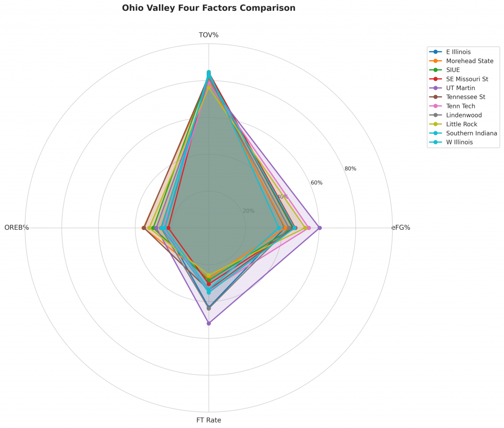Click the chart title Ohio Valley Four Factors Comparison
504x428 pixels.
209,8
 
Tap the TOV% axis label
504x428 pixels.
209,35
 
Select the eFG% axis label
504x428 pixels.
401,228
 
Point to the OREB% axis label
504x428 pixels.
17,228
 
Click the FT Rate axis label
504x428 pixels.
209,421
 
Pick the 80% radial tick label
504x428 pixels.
350,169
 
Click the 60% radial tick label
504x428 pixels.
316,183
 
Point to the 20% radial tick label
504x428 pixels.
249,211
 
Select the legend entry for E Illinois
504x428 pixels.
458,52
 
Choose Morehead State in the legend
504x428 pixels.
470,61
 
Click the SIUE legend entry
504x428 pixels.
453,70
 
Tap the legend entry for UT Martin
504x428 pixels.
461,88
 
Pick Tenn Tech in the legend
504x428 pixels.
461,106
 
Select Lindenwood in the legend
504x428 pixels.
464,115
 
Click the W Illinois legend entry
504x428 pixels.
459,142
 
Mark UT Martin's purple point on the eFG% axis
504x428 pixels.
319,228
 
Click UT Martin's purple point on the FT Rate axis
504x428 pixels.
209,323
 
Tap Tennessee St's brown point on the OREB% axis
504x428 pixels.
144,228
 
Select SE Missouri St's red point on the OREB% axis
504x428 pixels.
168,228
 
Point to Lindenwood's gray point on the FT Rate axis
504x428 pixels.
209,309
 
